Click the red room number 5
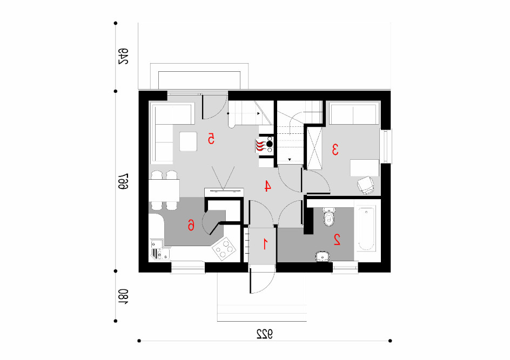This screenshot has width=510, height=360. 211,139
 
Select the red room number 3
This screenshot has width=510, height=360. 335,150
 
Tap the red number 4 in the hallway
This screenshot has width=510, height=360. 267,186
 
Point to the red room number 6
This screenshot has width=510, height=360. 191,225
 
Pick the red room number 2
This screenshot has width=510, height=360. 337,240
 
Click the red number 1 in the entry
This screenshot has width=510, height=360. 265,244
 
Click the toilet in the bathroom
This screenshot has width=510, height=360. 329,217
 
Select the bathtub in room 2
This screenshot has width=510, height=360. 366,228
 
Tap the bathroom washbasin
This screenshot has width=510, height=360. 323,256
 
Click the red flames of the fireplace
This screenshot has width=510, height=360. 260,146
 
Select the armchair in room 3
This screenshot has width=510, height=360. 366,186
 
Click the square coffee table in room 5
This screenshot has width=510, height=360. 189,141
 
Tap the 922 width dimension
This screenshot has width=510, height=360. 264,334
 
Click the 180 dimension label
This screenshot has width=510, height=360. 123,297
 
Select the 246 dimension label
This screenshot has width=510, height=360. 123,57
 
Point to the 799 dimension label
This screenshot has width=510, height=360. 123,181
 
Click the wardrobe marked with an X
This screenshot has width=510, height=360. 314,148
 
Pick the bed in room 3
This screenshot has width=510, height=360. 354,113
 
